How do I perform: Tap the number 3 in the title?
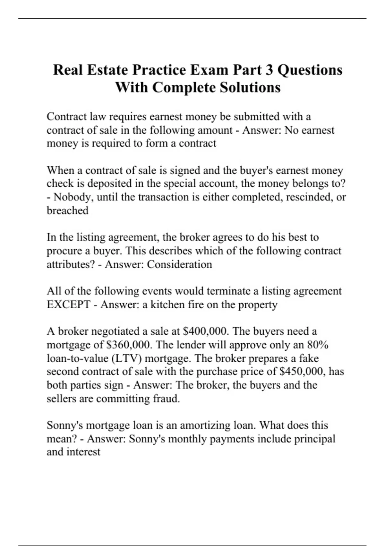pos(269,70)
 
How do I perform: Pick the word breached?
pos(67,210)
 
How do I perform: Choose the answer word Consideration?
pos(179,264)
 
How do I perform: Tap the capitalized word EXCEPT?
pos(68,304)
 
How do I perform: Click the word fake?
pos(309,358)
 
